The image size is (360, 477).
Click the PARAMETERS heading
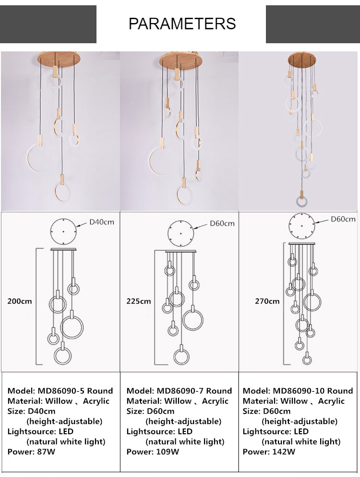pyautogui.click(x=182, y=23)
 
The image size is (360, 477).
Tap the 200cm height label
pyautogui.click(x=20, y=301)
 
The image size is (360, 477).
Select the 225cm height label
pyautogui.click(x=139, y=301)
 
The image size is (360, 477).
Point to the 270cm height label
pyautogui.click(x=267, y=301)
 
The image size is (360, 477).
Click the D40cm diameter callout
pyautogui.click(x=102, y=222)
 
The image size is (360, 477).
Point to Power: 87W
pyautogui.click(x=32, y=452)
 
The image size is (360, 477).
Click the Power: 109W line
pyautogui.click(x=153, y=452)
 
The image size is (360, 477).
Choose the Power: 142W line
pyautogui.click(x=269, y=452)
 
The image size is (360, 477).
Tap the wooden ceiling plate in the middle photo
pyautogui.click(x=178, y=60)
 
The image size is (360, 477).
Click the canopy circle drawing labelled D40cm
pyautogui.click(x=64, y=231)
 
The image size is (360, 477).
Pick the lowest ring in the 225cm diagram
pyautogui.click(x=181, y=357)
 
